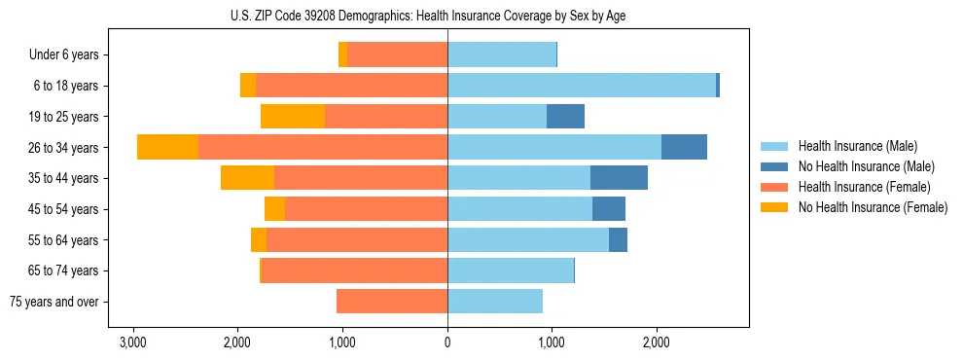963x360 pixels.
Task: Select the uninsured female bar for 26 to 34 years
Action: coord(167,147)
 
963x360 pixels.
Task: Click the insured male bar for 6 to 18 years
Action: coord(581,86)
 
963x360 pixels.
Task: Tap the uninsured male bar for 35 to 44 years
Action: coord(619,178)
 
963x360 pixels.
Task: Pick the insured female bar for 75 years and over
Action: coord(392,302)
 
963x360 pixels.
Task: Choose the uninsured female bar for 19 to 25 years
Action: coord(293,117)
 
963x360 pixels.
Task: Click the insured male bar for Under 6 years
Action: coord(502,54)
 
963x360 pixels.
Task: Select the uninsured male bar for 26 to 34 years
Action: coord(684,147)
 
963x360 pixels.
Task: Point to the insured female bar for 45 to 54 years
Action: coord(366,209)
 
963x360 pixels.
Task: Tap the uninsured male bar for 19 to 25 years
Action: coord(565,117)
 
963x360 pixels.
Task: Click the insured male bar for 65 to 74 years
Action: coord(511,270)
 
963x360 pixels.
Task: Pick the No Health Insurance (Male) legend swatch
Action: coord(775,167)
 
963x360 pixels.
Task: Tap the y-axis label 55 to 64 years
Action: coord(64,240)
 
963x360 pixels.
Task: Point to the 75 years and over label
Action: coord(54,303)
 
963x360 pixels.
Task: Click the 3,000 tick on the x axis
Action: coord(132,342)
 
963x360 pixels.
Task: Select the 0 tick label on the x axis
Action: coord(447,342)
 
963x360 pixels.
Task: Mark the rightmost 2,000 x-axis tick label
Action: coord(657,342)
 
